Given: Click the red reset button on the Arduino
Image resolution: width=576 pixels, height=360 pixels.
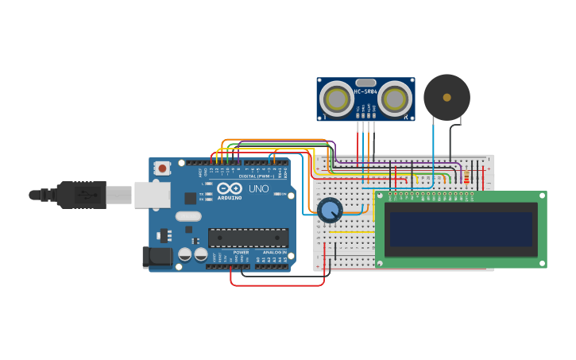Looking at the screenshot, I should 163,168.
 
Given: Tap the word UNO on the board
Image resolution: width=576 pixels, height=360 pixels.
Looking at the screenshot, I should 259,189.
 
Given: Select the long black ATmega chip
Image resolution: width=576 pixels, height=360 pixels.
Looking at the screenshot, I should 248,237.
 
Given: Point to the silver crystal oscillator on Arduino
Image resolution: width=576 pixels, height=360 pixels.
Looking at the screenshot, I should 188,216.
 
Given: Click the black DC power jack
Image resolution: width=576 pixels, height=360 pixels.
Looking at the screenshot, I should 157,257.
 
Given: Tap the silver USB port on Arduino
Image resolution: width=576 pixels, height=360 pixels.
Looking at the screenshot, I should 151,195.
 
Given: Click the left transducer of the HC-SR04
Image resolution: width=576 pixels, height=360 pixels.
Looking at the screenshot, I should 337,99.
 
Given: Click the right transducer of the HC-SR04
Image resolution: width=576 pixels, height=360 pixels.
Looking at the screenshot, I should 395,99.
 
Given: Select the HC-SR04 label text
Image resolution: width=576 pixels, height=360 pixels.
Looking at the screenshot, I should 365,91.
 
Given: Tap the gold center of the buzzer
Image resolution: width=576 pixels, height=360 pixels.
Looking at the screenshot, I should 446,97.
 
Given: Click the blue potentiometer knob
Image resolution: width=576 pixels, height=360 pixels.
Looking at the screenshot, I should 329,210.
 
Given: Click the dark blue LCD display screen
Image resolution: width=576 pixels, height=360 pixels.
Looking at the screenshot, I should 461,229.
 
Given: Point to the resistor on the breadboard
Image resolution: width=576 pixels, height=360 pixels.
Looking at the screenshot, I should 466,176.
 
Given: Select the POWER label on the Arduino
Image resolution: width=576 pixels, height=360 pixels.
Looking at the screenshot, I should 241,252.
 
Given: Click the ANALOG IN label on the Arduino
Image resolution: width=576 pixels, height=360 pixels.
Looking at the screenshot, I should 274,252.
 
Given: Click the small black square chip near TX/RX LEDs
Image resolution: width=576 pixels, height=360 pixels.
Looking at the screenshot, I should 191,198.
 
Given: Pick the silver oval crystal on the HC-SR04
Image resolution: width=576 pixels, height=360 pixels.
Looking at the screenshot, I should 365,83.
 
